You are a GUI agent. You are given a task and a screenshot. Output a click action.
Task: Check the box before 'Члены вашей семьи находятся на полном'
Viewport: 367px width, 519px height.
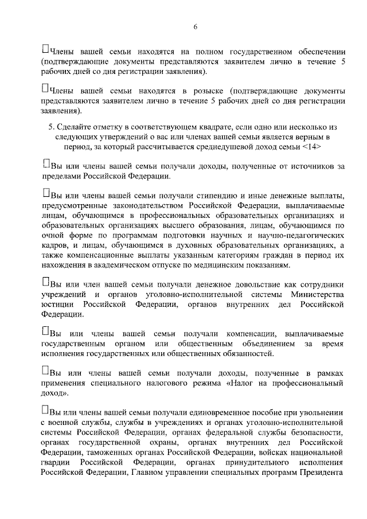pyautogui.click(x=45, y=48)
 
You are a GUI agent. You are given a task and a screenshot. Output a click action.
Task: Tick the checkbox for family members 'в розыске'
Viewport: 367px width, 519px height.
pyautogui.click(x=45, y=89)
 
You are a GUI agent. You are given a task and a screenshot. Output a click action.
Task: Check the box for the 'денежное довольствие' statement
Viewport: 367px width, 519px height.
pyautogui.click(x=45, y=283)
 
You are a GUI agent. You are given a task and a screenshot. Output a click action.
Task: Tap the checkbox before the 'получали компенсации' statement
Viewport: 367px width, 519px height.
pyautogui.click(x=45, y=333)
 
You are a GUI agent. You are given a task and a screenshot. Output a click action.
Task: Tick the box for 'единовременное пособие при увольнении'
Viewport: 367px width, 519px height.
pyautogui.click(x=45, y=411)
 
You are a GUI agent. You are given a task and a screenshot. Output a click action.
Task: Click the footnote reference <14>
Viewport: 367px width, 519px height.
pyautogui.click(x=310, y=147)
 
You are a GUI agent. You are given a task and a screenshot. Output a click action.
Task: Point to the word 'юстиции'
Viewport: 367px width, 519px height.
pyautogui.click(x=56, y=305)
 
